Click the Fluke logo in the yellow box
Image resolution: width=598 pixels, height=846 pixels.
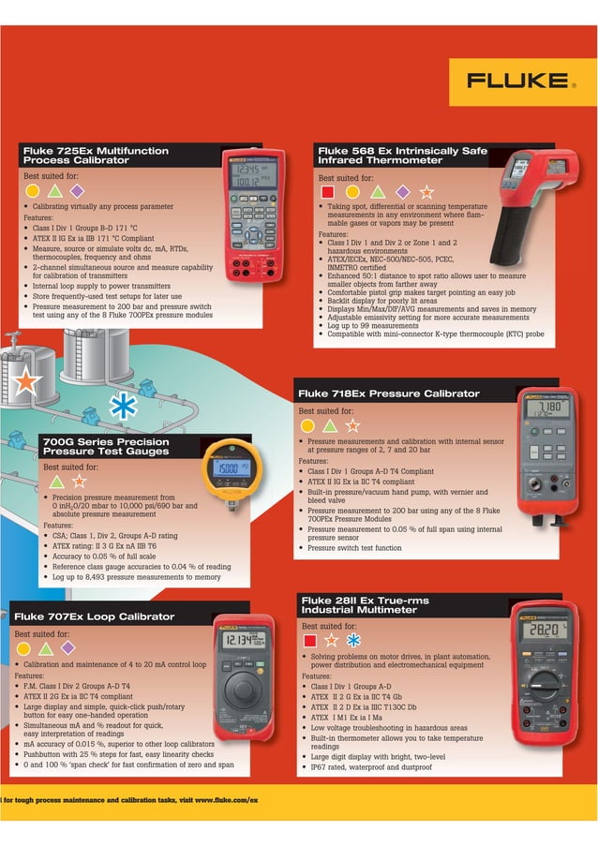pyautogui.click(x=518, y=82)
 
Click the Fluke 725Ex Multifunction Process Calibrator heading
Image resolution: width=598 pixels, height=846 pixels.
pyautogui.click(x=96, y=156)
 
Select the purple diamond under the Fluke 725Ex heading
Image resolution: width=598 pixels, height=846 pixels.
pyautogui.click(x=77, y=191)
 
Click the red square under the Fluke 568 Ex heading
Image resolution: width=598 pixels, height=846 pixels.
pyautogui.click(x=327, y=192)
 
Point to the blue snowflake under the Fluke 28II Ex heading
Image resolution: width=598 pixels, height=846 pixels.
pyautogui.click(x=353, y=641)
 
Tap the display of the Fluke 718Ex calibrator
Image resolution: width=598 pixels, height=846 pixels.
pyautogui.click(x=547, y=408)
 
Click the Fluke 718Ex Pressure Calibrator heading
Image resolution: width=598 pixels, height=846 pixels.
pyautogui.click(x=388, y=393)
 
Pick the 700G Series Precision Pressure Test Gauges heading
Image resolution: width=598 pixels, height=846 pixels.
pyautogui.click(x=106, y=447)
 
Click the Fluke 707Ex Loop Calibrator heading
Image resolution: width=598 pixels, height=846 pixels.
pyautogui.click(x=94, y=616)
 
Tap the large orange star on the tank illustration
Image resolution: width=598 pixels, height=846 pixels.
pyautogui.click(x=25, y=380)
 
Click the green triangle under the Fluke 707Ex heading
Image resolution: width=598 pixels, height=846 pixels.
pyautogui.click(x=46, y=648)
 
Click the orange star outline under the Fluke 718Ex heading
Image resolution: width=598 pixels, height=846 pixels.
pyautogui.click(x=352, y=425)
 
